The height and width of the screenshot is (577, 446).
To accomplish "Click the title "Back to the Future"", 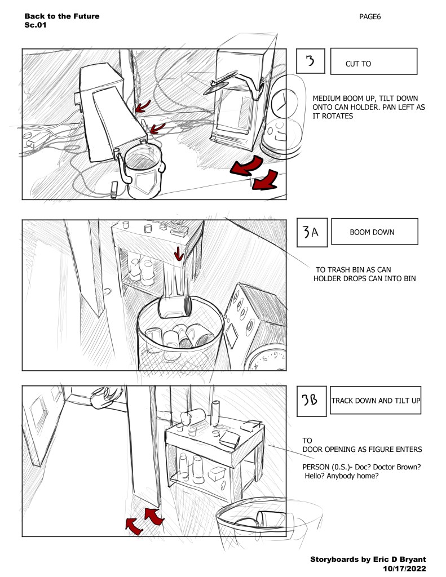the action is tap(62, 16).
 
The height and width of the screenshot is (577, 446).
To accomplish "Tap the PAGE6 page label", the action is tap(370, 16).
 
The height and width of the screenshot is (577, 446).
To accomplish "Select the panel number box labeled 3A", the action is tap(312, 232).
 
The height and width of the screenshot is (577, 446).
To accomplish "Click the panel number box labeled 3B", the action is tap(312, 401).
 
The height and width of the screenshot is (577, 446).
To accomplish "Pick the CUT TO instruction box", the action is tap(374, 61).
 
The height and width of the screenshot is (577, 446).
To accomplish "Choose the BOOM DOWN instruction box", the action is tap(374, 232).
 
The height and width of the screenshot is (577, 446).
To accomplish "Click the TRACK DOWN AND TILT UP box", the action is tap(376, 401).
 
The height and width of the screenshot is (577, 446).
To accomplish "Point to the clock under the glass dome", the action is tap(284, 103).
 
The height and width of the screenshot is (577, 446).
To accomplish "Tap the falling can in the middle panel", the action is tap(175, 306).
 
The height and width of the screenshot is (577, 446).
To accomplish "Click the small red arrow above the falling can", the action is tap(179, 254).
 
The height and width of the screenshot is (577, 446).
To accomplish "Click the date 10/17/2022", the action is tap(404, 569).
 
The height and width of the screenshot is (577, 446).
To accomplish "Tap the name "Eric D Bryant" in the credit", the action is tap(400, 560).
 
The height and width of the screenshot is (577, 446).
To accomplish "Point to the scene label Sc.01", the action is tap(36, 25).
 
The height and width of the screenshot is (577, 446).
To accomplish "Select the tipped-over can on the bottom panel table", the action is tap(193, 417).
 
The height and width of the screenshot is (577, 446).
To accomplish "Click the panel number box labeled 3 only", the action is tap(311, 61).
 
